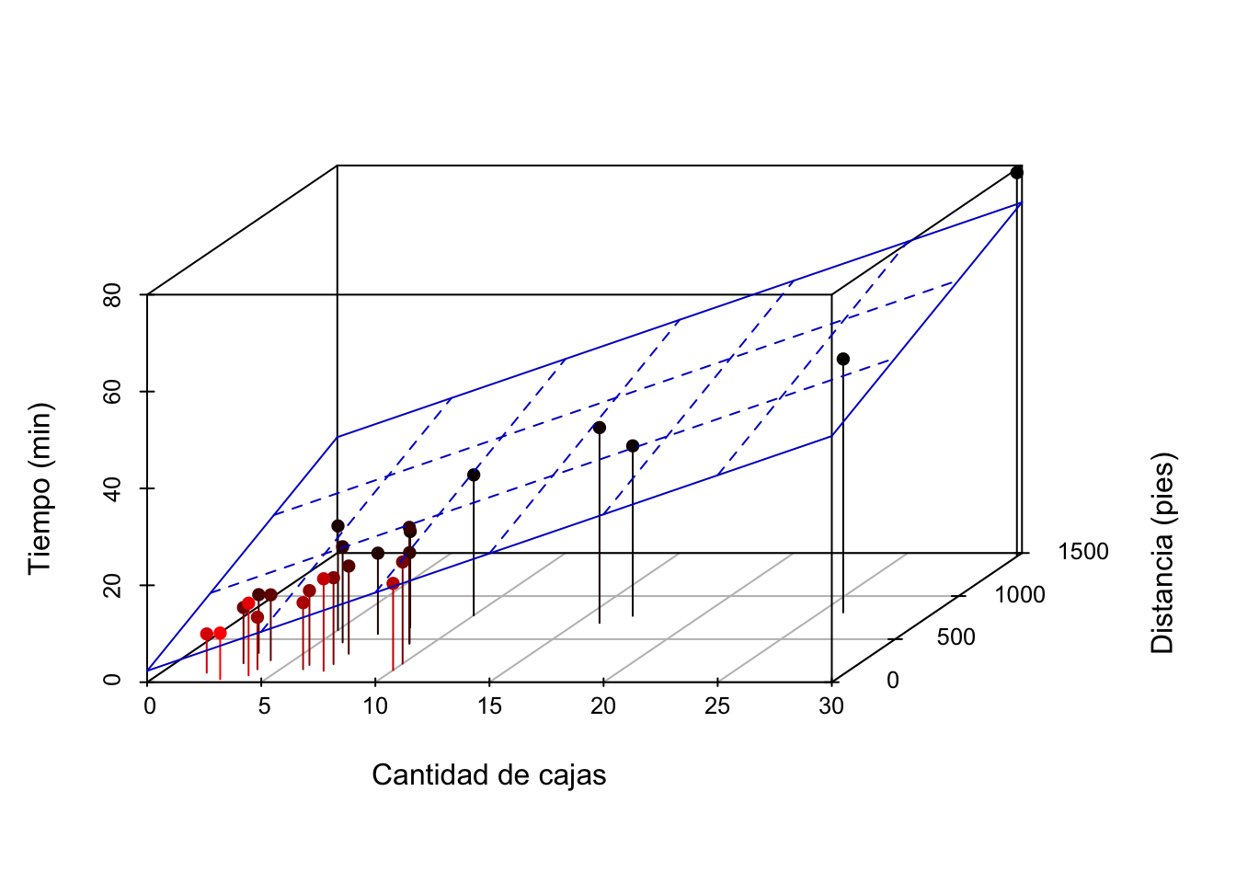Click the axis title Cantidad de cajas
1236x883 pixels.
tap(489, 774)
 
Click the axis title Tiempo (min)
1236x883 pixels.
tap(40, 489)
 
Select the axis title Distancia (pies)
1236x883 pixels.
tap(1162, 554)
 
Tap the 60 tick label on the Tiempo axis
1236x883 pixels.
tap(112, 391)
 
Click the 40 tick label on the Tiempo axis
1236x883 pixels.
tap(112, 488)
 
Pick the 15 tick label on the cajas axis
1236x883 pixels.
tap(489, 706)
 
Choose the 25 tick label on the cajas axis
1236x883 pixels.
tap(717, 706)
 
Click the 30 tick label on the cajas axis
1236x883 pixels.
tap(831, 706)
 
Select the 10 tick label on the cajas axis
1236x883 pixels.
tap(375, 706)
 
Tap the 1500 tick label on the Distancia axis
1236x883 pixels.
tap(1083, 552)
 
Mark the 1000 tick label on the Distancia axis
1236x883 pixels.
tap(1020, 595)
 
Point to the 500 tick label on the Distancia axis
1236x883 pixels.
tap(956, 637)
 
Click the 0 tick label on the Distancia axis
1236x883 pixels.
tap(893, 681)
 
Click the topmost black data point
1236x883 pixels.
tap(1017, 173)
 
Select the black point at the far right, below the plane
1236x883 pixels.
tap(843, 360)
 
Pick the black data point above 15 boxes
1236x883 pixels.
tap(474, 476)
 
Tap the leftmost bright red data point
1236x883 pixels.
tap(207, 634)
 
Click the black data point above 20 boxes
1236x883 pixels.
tap(600, 428)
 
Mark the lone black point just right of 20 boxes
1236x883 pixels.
tap(633, 446)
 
